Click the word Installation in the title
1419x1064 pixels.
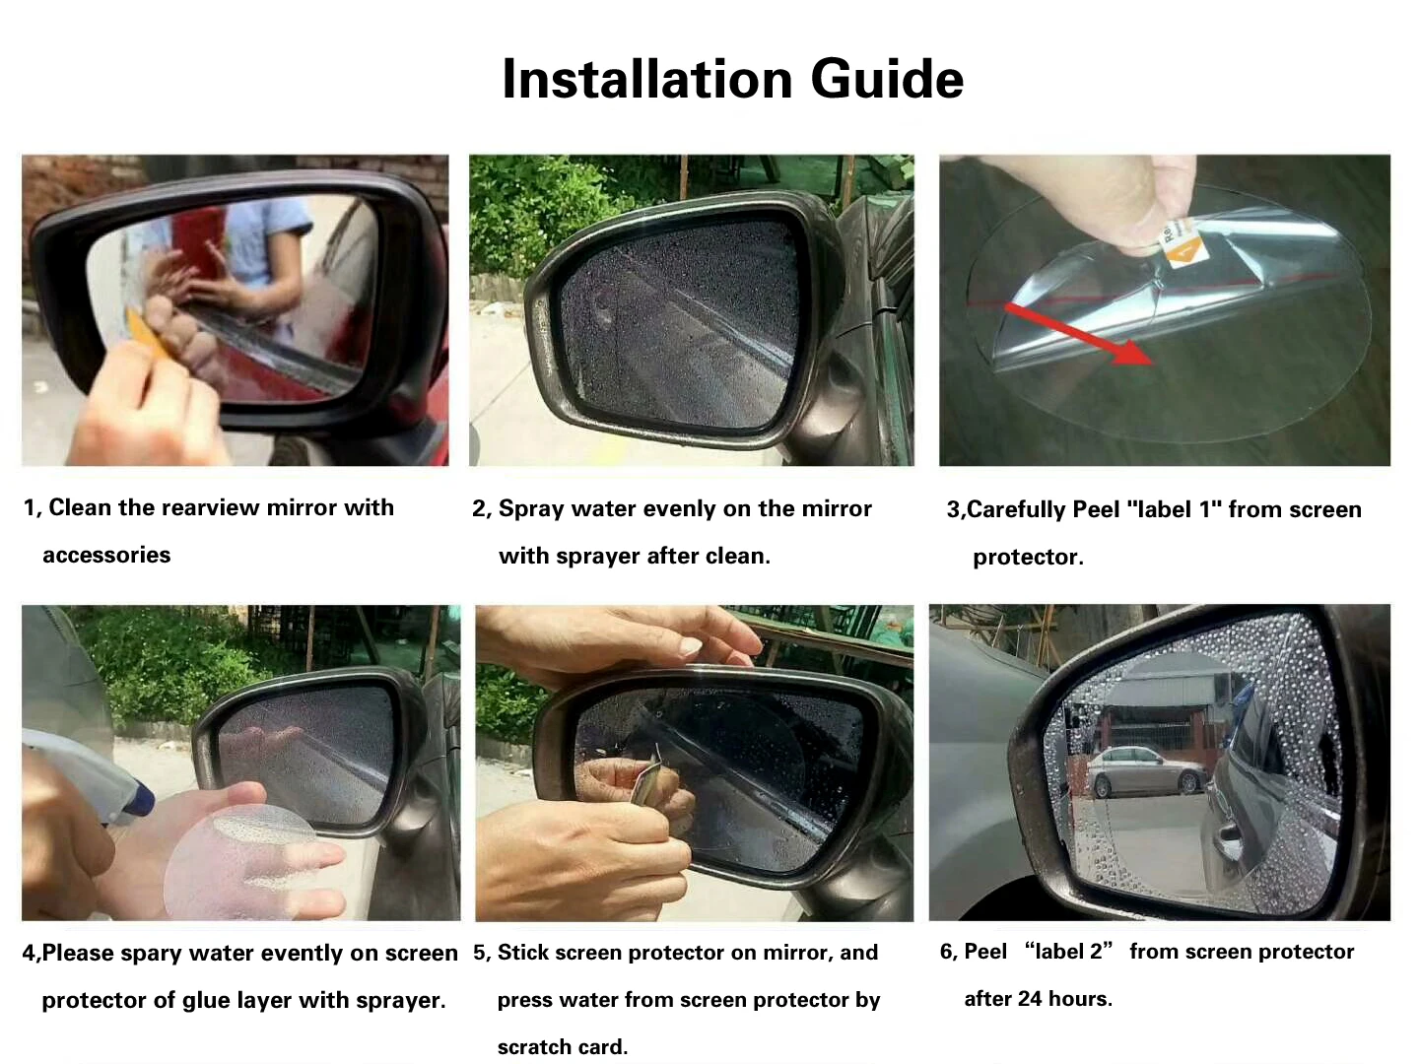tap(647, 79)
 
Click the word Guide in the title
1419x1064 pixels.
tap(887, 79)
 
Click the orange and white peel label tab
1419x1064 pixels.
tap(1182, 243)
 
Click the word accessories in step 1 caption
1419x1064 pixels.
tap(106, 555)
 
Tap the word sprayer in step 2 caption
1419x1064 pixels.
tap(598, 557)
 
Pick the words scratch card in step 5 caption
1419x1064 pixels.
tap(562, 1046)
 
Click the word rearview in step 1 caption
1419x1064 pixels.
tap(211, 507)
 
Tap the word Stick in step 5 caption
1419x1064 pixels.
tap(523, 953)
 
